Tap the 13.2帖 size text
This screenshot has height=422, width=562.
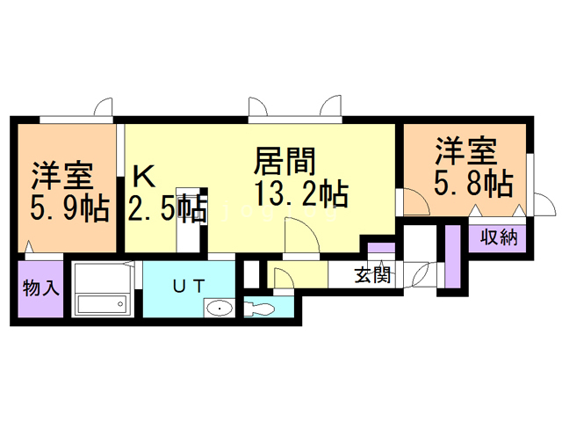(298, 193)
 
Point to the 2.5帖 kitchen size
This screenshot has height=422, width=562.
(167, 209)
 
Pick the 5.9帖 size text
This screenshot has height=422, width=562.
(69, 209)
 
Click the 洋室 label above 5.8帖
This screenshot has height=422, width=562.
(466, 152)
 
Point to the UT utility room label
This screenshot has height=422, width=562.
(188, 284)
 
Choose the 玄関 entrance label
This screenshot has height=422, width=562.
(372, 274)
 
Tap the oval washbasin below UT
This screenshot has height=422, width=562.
(217, 309)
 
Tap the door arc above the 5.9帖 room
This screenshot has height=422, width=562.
(104, 107)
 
